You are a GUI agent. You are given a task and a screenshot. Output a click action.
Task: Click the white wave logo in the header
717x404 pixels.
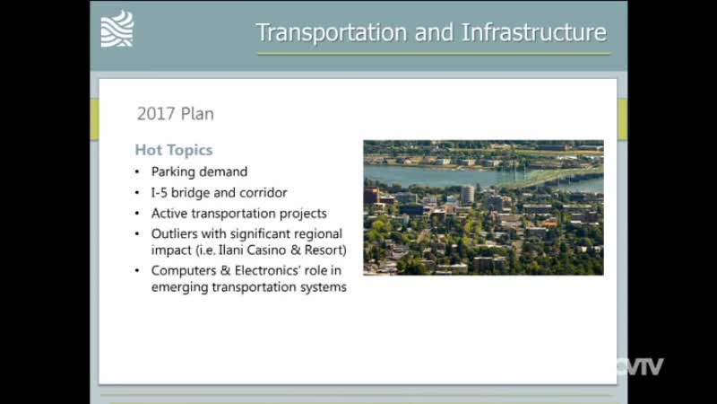117,29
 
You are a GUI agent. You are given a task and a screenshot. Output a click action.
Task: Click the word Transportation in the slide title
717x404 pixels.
332,33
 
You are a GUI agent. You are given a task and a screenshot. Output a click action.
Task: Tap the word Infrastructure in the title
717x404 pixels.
534,32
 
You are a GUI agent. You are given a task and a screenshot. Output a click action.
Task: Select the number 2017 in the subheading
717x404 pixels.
156,114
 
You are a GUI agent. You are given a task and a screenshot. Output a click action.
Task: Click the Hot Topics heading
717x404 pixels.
174,150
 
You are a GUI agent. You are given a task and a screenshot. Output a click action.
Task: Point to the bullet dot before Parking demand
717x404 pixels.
137,172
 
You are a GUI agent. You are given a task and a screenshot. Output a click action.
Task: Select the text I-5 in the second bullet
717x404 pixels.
160,192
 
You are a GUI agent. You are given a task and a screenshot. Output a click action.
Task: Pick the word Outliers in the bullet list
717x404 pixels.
174,233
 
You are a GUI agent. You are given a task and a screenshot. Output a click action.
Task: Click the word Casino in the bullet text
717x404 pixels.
266,250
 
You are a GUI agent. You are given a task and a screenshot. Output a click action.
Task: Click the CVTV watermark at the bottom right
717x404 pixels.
640,366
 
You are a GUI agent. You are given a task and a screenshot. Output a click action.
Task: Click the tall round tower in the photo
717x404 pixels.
467,194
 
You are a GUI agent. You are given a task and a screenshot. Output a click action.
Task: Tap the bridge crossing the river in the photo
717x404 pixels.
549,179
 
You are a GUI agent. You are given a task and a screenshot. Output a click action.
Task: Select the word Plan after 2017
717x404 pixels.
197,114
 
